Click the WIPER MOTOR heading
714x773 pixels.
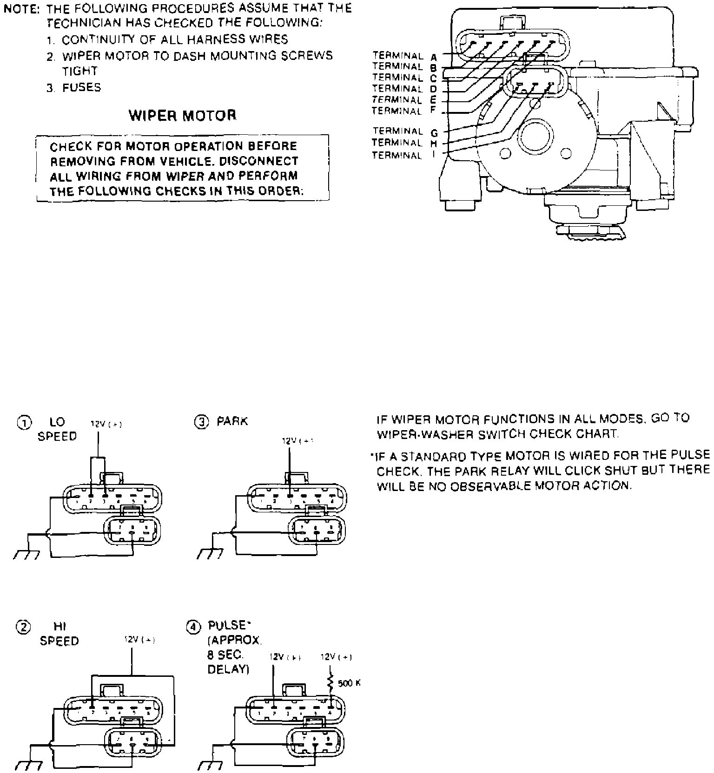182,115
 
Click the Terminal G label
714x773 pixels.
404,132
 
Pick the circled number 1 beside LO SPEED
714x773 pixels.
24,423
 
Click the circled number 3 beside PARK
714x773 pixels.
201,422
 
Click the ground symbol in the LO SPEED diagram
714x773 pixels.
26,555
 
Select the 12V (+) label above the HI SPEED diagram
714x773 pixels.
139,640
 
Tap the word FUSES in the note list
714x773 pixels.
82,87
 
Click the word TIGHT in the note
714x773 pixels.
79,71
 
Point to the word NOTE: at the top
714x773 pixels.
22,8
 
